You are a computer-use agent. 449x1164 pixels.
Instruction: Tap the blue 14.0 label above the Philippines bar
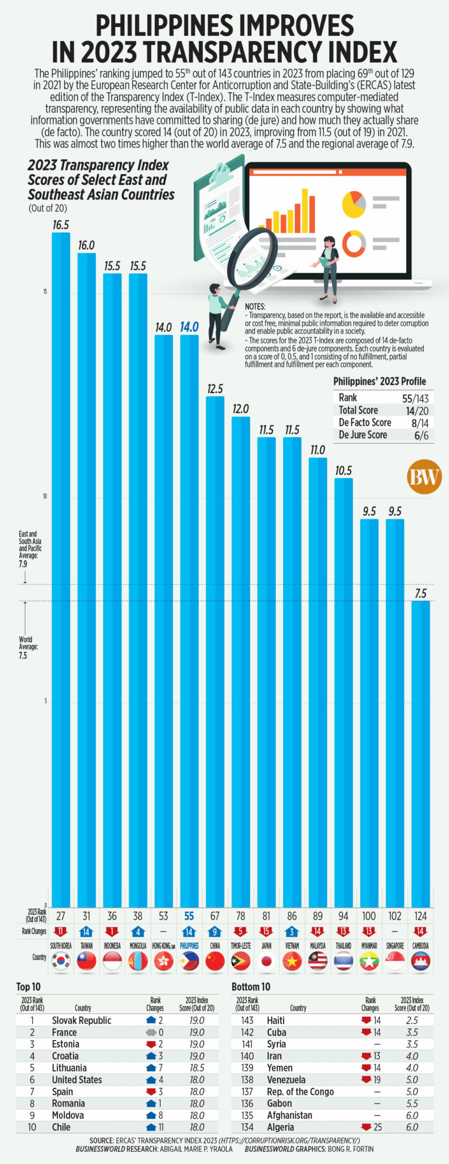point(189,327)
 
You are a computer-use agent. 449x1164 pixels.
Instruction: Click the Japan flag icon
point(266,961)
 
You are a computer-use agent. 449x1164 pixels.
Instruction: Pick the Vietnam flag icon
point(292,961)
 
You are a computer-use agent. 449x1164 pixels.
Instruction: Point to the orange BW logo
point(424,477)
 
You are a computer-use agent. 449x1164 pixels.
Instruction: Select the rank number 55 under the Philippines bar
point(189,916)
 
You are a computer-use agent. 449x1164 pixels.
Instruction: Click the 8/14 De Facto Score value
point(417,422)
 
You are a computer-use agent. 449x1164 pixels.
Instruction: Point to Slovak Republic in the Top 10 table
point(81,1020)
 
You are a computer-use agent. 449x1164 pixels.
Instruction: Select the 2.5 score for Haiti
point(412,1020)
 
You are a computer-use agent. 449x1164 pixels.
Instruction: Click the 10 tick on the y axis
point(44,497)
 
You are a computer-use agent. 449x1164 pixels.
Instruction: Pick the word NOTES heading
point(255,307)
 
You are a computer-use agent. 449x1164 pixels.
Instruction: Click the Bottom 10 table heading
point(251,987)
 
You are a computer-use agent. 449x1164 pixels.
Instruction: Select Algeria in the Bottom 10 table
point(281,1127)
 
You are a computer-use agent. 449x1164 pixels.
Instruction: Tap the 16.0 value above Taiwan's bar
point(87,245)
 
